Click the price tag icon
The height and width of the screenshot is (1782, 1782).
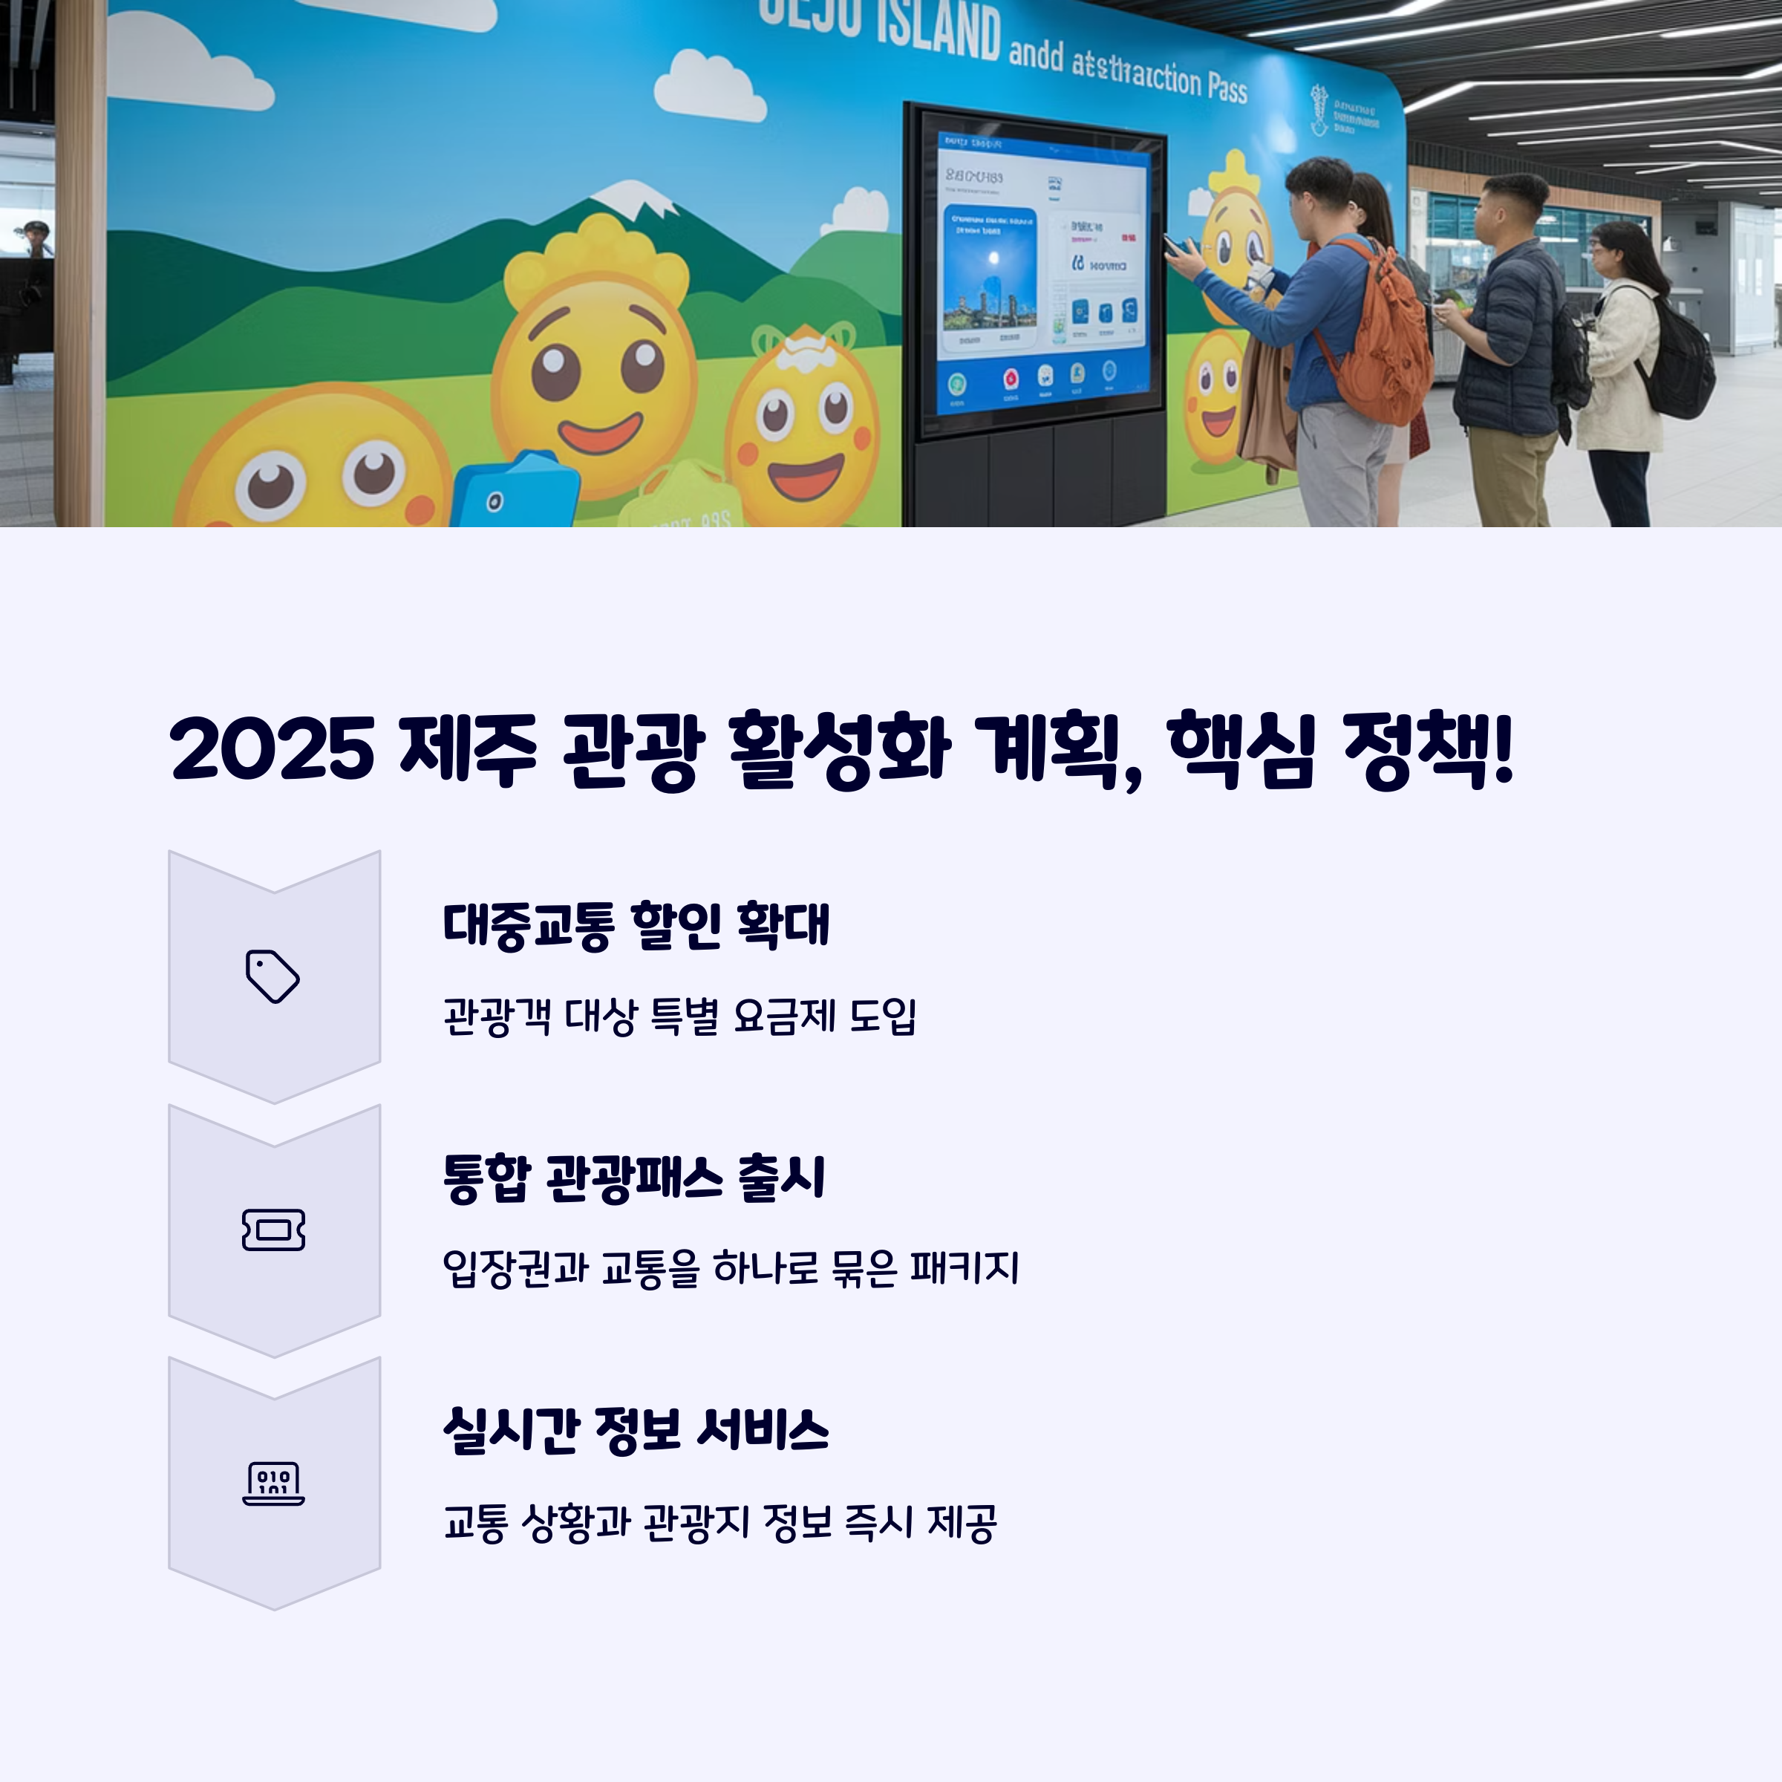pyautogui.click(x=272, y=976)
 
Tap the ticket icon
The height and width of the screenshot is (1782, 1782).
pyautogui.click(x=273, y=1230)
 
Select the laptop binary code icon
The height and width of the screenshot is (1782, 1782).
pyautogui.click(x=273, y=1484)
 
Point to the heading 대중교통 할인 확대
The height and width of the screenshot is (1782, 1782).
pyautogui.click(x=636, y=925)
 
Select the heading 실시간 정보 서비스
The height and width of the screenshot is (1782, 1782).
pyautogui.click(x=636, y=1431)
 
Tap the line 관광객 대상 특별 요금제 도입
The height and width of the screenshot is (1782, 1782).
pyautogui.click(x=679, y=1016)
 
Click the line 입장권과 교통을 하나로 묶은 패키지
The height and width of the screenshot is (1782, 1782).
pyautogui.click(x=731, y=1268)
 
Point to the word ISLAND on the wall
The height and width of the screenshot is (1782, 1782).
pyautogui.click(x=936, y=32)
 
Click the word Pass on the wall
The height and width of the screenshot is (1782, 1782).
pyautogui.click(x=1227, y=88)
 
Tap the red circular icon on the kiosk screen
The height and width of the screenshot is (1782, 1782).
pyautogui.click(x=1011, y=378)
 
